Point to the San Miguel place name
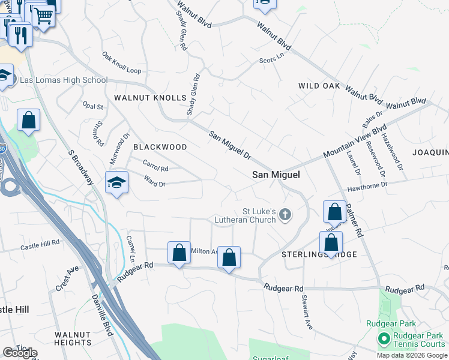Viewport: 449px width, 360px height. click(276, 175)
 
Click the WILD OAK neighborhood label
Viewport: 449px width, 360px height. click(319, 86)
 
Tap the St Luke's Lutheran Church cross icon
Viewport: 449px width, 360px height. click(285, 214)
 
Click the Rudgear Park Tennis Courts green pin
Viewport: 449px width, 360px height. click(383, 339)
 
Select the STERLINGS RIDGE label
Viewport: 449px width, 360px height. click(320, 254)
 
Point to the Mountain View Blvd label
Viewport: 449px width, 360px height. click(354, 142)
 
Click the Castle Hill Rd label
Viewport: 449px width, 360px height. click(40, 245)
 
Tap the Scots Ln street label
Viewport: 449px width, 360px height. click(271, 59)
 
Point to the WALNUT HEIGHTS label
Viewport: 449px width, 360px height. click(72, 338)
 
